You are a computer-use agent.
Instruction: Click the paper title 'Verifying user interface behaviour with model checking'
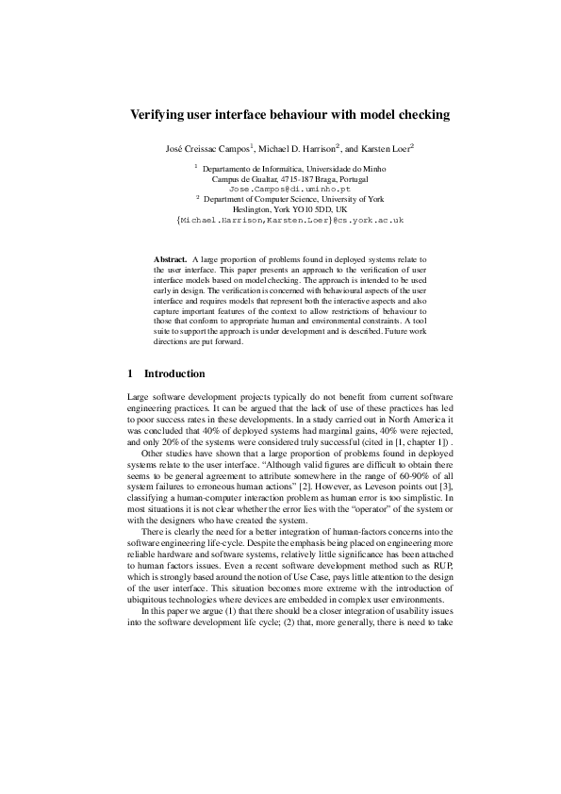(x=289, y=115)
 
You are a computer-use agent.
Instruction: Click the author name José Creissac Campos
(x=210, y=150)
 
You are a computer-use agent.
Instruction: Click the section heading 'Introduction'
(x=174, y=373)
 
